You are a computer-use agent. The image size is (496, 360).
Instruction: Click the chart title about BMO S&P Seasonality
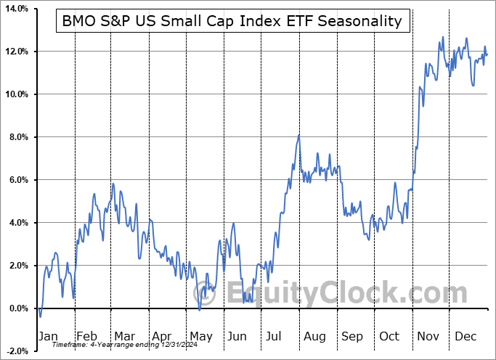[232, 21]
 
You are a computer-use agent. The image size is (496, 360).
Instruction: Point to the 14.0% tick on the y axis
[16, 9]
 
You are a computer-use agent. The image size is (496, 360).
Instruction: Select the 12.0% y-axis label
[16, 52]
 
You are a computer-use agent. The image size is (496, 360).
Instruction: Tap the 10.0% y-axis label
[16, 94]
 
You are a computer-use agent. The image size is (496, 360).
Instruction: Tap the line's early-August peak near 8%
[298, 135]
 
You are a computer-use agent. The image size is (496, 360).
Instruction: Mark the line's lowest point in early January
[40, 316]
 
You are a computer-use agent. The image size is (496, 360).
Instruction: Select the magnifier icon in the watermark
[208, 294]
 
